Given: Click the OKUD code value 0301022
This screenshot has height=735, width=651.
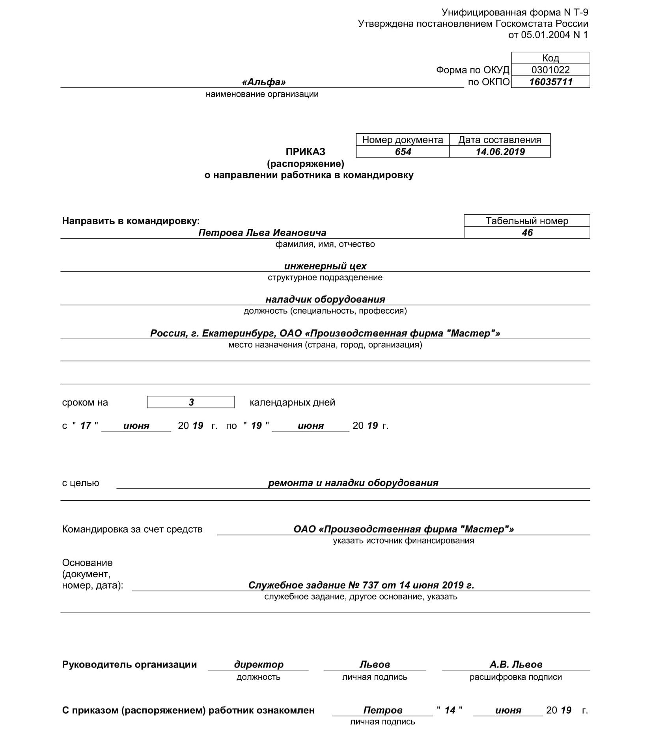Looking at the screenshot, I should coord(550,70).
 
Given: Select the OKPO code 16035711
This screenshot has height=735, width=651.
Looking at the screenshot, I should coord(550,82).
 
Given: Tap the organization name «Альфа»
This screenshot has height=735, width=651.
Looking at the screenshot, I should coord(263,82).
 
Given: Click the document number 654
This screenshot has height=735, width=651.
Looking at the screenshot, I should coord(403,152).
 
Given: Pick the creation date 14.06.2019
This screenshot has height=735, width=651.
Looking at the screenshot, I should coord(500,152).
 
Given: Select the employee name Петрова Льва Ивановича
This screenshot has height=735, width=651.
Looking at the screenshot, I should coord(262,233).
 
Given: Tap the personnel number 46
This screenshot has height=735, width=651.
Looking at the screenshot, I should coord(527,233).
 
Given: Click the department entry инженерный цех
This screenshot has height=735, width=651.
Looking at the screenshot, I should coord(325,266).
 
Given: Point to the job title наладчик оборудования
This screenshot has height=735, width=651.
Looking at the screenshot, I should coord(325,299).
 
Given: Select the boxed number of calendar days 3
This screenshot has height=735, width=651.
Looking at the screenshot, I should coord(191,402).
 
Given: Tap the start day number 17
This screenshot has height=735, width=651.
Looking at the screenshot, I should coord(86,426).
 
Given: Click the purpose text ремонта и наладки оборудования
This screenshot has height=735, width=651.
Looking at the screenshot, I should coord(353,483).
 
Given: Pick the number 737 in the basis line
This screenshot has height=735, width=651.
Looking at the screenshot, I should coord(373,585).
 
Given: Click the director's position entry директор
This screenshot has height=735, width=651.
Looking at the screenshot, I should coord(259,664).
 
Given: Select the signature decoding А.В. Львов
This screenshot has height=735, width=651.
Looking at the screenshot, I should coord(516,664).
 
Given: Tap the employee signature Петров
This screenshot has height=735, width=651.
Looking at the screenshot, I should coord(382,710).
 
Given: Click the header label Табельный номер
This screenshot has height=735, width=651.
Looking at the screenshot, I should coord(527,221).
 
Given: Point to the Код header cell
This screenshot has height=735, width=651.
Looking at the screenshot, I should coord(550,58).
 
